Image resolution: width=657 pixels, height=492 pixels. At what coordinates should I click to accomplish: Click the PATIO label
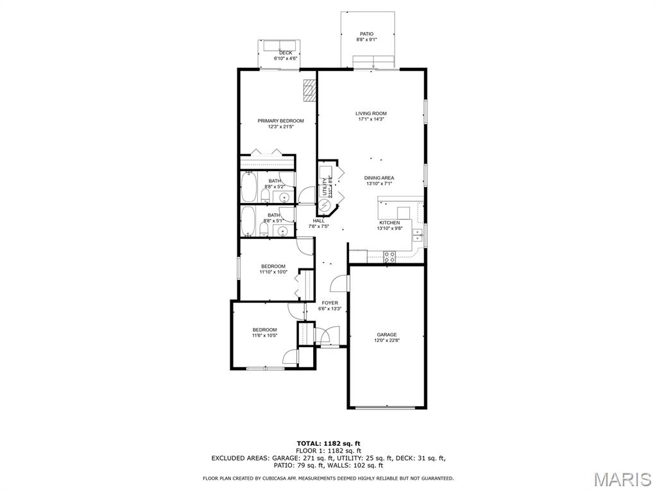point(366,34)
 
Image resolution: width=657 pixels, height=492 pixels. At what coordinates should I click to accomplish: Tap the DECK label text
point(286,53)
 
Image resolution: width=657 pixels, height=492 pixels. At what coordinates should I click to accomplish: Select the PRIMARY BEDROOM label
point(281,121)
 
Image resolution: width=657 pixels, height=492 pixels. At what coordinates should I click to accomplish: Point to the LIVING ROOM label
point(371,113)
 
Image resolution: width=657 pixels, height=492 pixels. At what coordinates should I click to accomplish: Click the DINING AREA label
point(379,178)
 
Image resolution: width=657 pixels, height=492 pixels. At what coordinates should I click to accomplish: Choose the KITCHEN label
point(389,222)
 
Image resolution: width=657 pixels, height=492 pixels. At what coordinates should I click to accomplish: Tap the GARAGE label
point(387,334)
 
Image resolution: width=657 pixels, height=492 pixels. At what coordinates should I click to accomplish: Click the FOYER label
point(330,303)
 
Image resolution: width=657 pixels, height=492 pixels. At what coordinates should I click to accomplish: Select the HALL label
point(318,220)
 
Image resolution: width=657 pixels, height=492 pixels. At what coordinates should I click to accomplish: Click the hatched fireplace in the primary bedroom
point(310,90)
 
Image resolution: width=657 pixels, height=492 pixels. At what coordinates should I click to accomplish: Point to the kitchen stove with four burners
point(389,256)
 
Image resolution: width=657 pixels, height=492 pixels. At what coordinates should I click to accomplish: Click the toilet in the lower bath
point(264,230)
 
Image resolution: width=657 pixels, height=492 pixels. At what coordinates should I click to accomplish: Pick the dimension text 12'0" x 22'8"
point(387,341)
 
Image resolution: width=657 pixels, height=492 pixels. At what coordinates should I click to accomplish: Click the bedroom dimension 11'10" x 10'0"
point(273,272)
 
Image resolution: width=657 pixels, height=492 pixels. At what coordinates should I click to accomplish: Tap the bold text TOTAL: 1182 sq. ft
point(328,443)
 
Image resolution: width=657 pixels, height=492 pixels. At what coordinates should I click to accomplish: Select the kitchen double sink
point(418,236)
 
